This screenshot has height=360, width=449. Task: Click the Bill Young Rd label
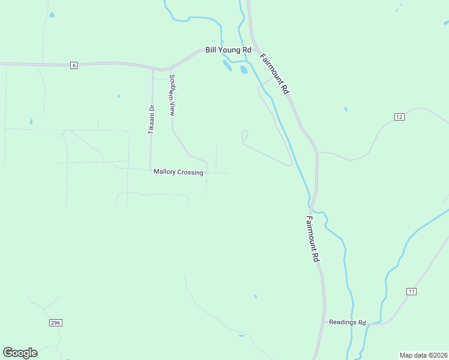pyautogui.click(x=228, y=50)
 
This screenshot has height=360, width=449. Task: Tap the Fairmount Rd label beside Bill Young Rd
pyautogui.click(x=274, y=73)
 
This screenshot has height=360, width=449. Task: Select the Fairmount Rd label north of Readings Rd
pyautogui.click(x=312, y=239)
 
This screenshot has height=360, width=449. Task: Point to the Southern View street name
pyautogui.click(x=172, y=95)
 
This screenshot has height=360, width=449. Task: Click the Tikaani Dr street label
pyautogui.click(x=152, y=119)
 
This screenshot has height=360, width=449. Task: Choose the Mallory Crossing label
pyautogui.click(x=178, y=172)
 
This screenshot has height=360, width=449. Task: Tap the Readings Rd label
pyautogui.click(x=347, y=322)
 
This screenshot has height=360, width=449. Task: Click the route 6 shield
pyautogui.click(x=73, y=65)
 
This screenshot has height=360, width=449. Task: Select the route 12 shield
pyautogui.click(x=399, y=116)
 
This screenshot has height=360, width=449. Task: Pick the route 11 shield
pyautogui.click(x=411, y=292)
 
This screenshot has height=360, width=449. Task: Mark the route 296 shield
pyautogui.click(x=56, y=323)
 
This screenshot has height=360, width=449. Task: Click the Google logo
pyautogui.click(x=20, y=353)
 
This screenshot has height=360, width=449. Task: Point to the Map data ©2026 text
pyautogui.click(x=424, y=355)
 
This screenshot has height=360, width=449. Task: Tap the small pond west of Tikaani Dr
pyautogui.click(x=119, y=96)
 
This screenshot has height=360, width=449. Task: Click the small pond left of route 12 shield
pyautogui.click(x=346, y=109)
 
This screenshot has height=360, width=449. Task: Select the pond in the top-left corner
pyautogui.click(x=52, y=14)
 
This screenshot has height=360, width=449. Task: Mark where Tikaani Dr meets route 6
pyautogui.click(x=152, y=68)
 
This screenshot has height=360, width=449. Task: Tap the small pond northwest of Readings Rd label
pyautogui.click(x=256, y=296)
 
